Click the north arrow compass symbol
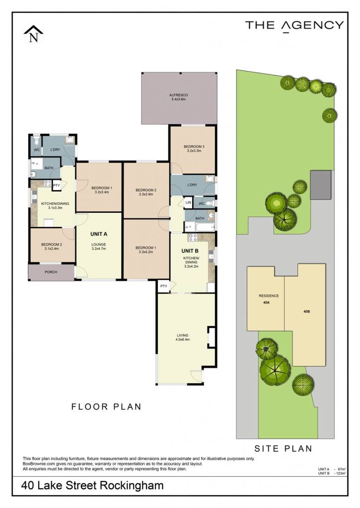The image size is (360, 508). (33, 34)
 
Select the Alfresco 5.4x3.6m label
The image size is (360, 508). (178, 97)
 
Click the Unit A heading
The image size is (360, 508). (99, 234)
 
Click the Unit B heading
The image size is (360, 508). (190, 251)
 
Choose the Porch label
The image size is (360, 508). (51, 272)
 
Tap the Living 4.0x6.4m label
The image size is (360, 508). (183, 337)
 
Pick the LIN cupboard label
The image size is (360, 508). (188, 203)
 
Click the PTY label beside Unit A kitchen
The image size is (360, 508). (57, 186)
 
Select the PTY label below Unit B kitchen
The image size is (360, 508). (164, 286)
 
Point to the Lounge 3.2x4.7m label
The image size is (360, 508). (99, 247)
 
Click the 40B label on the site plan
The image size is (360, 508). (306, 312)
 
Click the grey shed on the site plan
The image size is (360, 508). (321, 185)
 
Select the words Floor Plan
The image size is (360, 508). (106, 407)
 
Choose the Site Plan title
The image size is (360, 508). (283, 448)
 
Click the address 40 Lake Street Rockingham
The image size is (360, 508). (92, 486)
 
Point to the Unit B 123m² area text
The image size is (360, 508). (332, 473)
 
